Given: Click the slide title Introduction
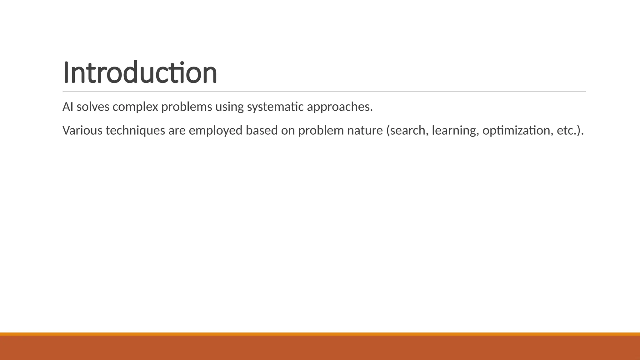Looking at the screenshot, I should click(140, 72).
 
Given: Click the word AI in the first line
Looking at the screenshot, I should click(68, 107).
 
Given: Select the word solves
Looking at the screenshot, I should click(93, 107).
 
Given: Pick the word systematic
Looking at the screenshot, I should click(275, 107).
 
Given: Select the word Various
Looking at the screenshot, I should click(82, 130).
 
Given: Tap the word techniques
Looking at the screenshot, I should click(135, 130).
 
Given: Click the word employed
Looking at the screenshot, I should click(215, 130).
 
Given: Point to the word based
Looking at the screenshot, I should click(262, 130).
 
